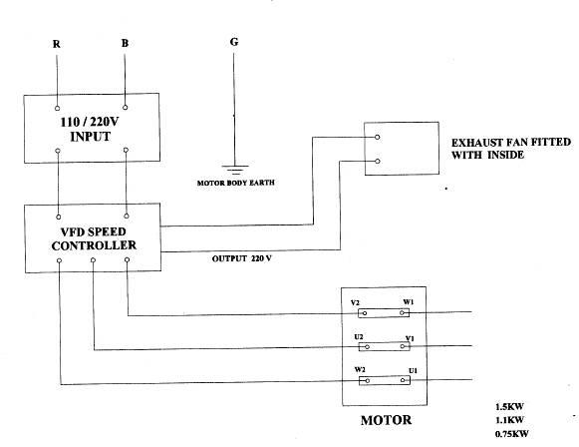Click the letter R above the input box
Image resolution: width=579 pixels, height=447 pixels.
56,44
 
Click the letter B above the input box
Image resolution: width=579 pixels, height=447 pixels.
125,43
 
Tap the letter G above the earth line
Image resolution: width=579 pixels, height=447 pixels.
234,42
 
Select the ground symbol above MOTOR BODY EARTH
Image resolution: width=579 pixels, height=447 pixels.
235,170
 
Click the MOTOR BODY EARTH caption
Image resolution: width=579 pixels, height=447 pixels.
235,183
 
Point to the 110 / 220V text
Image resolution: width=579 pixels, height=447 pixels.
90,122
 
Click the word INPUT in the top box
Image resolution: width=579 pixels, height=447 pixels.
90,137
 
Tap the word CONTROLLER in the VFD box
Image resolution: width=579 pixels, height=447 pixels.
94,245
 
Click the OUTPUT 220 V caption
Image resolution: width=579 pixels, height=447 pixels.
241,258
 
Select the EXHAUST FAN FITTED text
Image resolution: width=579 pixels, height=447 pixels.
511,143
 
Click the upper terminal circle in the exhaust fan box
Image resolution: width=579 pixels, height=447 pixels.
377,137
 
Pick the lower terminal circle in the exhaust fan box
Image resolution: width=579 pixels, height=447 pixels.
377,162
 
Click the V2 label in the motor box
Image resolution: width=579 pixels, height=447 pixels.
355,302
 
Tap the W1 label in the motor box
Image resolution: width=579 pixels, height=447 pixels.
408,302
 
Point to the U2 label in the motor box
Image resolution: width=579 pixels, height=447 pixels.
359,337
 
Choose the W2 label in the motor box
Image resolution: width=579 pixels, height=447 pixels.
360,370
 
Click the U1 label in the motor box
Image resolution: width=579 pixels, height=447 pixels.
413,370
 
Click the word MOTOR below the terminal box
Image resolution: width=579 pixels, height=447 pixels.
386,420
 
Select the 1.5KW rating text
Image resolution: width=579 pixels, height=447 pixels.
509,407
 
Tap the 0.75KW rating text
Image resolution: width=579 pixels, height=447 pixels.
512,433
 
